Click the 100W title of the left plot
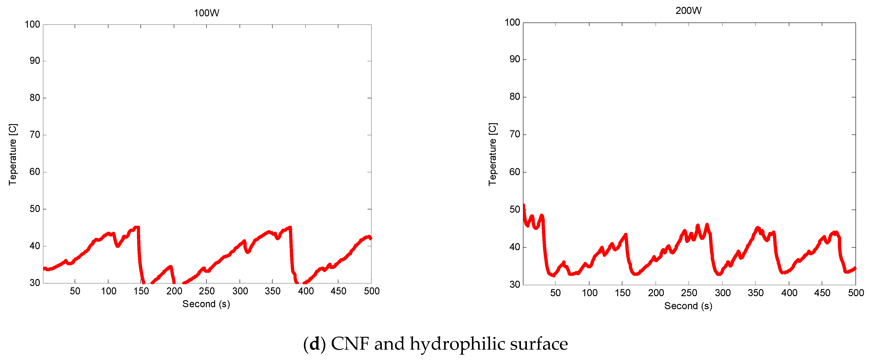(x=206, y=13)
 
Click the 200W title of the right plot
(x=688, y=10)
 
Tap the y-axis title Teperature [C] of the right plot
(x=492, y=154)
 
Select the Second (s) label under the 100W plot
(x=206, y=304)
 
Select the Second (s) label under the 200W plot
(x=688, y=306)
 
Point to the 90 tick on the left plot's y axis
(x=35, y=61)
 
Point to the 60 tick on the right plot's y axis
(x=515, y=172)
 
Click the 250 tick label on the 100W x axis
(x=206, y=291)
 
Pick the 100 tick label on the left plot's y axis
(x=32, y=24)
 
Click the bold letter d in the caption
(x=314, y=344)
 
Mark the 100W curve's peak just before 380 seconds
(x=290, y=227)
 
